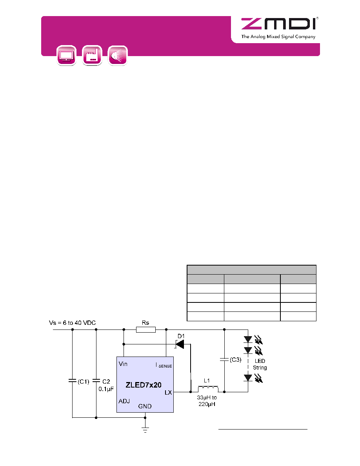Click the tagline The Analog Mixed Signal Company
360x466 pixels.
(x=278, y=36)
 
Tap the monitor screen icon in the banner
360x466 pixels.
(x=67, y=55)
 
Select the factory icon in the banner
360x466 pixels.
(x=92, y=55)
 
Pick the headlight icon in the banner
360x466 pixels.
(x=118, y=55)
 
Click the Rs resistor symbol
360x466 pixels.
(x=145, y=329)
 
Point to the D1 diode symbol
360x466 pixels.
(x=180, y=344)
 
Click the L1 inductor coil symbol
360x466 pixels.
(x=208, y=389)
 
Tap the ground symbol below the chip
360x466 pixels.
(x=145, y=430)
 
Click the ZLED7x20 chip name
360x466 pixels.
(x=144, y=385)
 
